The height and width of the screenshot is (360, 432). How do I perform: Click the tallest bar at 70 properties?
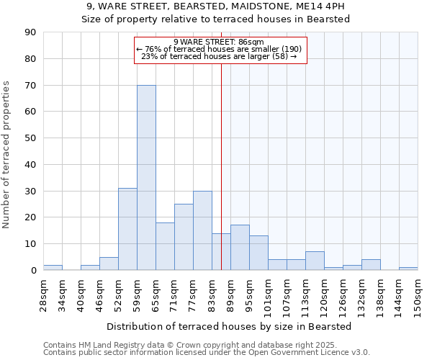tap(146, 178)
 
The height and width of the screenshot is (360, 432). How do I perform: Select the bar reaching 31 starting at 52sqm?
tap(127, 229)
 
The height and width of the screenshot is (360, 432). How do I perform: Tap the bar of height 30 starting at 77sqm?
tap(202, 230)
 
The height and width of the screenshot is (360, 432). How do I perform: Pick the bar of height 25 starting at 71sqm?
tap(184, 237)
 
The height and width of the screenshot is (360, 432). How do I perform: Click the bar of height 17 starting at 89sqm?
tap(240, 248)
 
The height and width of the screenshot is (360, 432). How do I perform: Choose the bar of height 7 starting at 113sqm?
tap(315, 261)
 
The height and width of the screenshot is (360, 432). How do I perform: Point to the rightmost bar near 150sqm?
tap(408, 269)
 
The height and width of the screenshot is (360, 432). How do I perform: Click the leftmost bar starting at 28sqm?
tap(53, 268)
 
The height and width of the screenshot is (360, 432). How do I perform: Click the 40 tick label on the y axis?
tap(30, 165)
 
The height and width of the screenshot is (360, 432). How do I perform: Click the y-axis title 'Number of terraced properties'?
tap(7, 155)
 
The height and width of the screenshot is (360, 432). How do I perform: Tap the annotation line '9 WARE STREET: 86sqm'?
tap(219, 42)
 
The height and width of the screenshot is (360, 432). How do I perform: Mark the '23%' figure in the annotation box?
tap(149, 56)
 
